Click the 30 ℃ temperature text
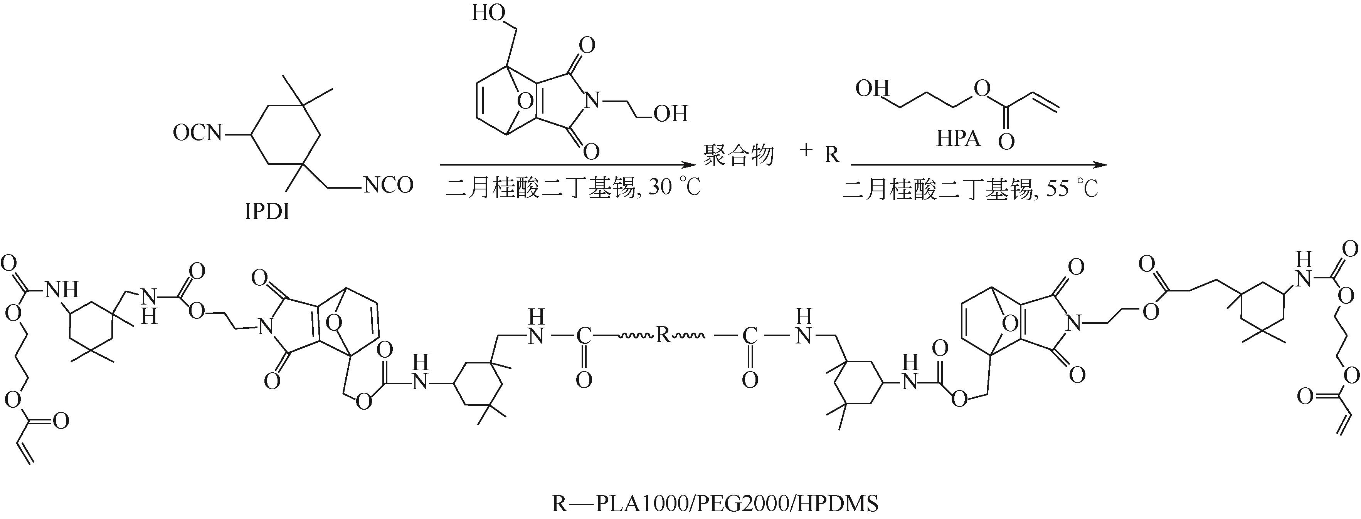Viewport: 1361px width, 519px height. click(x=674, y=188)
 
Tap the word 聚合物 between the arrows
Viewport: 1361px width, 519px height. click(x=738, y=155)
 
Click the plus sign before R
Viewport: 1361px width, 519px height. click(x=806, y=151)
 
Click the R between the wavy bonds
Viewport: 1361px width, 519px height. click(x=663, y=335)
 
